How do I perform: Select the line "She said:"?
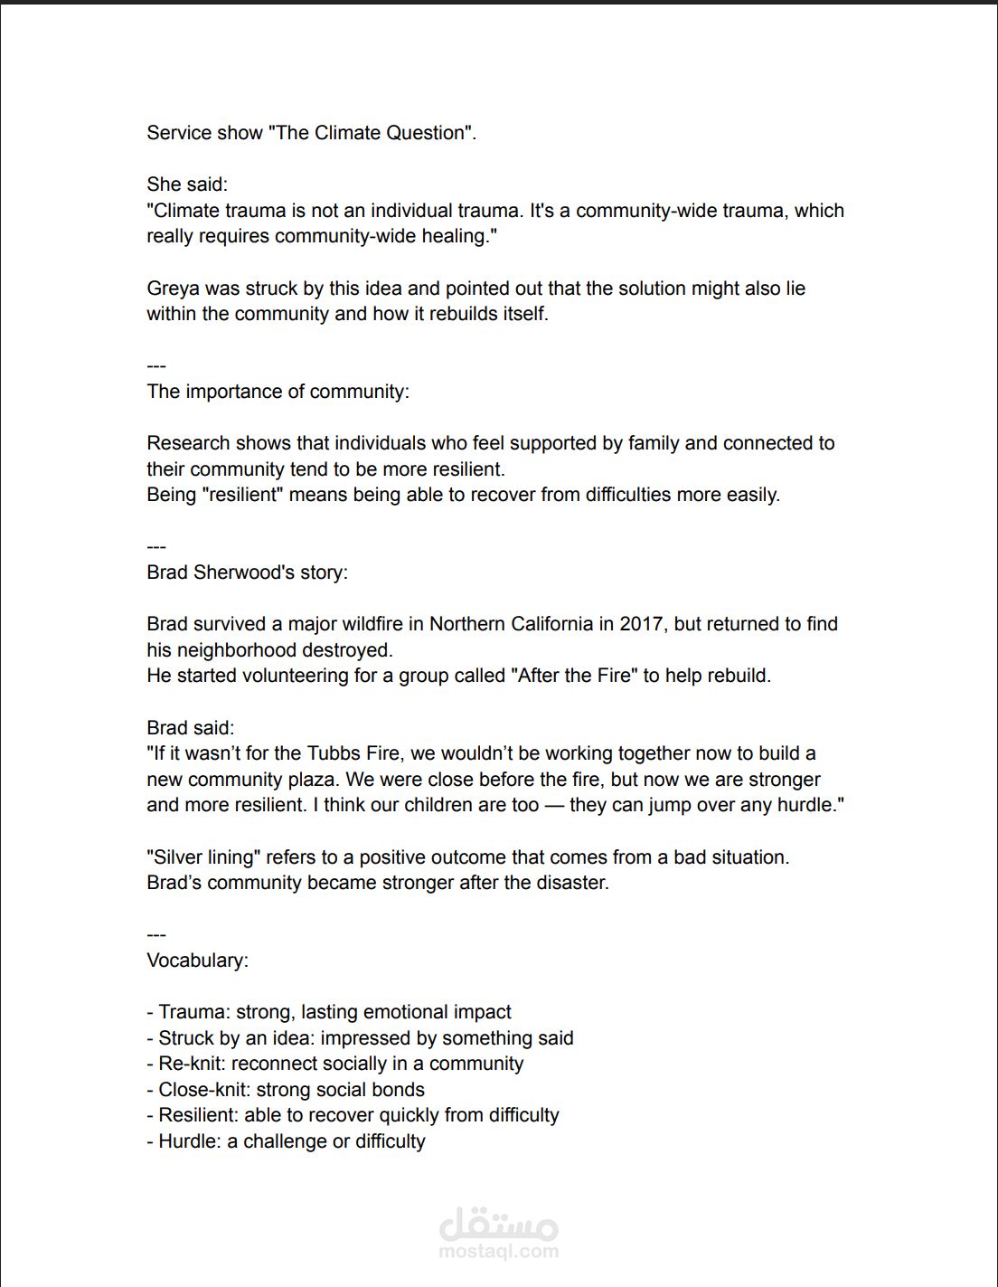[187, 185]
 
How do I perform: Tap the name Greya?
[174, 289]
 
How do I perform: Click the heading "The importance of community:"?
[278, 392]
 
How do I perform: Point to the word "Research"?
[187, 443]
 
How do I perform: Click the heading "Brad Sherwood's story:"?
[247, 573]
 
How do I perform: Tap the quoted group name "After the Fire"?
[574, 676]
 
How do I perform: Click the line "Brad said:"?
[190, 728]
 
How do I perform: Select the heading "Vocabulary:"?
[197, 961]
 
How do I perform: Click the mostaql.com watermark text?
[498, 1252]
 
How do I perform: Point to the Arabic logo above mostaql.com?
[498, 1224]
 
